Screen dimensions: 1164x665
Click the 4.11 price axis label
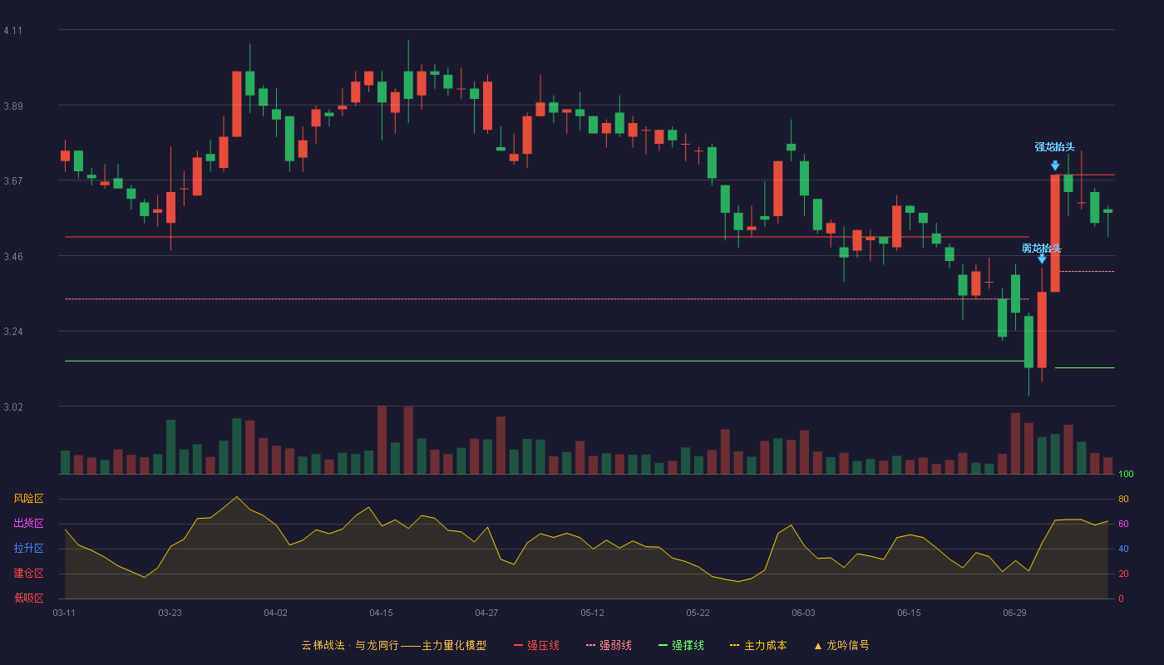13,31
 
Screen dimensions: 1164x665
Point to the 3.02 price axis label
13,406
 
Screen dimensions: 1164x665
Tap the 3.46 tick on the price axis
13,257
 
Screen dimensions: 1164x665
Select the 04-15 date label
381,613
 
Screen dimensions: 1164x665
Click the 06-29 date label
1014,613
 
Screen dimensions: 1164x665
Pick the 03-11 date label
64,613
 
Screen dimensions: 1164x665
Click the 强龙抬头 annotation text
1054,147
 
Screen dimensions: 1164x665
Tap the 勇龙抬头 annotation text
1041,249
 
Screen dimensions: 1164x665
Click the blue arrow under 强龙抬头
1055,165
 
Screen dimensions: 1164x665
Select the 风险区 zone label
28,499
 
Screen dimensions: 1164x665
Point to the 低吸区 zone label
28,598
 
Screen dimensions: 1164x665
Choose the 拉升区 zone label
28,548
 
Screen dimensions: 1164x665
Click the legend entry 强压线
537,645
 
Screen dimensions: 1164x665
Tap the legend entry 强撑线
681,645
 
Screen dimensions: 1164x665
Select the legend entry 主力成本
758,645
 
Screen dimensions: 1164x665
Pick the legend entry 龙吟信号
841,645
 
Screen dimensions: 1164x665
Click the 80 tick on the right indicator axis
1123,499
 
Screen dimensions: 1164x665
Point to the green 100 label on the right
1126,474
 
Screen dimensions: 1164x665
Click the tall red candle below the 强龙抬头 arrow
1055,234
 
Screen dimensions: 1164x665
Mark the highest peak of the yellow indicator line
237,497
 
